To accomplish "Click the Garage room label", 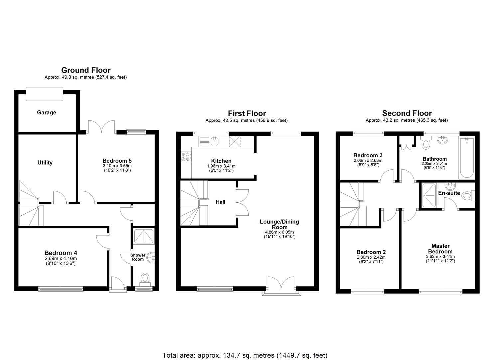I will click(x=46, y=113).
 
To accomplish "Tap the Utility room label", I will click(x=45, y=163).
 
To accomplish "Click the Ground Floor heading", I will click(x=86, y=70).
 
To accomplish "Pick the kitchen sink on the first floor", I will click(x=214, y=141).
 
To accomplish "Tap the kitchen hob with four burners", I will click(x=186, y=157).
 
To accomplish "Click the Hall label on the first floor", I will click(x=220, y=202).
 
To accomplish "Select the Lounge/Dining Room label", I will click(x=279, y=224).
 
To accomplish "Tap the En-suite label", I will click(x=449, y=193).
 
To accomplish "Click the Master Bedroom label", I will click(x=440, y=249).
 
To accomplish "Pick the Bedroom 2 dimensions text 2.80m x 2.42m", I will click(x=371, y=257).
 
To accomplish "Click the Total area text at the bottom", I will click(x=245, y=355).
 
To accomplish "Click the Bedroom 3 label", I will click(x=368, y=155).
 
